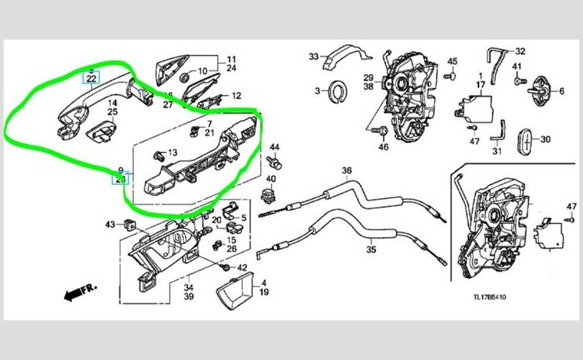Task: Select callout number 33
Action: coord(313,56)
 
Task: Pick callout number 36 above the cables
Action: coord(347,171)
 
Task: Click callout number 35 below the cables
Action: coord(371,251)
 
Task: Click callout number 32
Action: coord(520,51)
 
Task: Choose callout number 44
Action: coord(274,148)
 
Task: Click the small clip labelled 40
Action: coord(271,193)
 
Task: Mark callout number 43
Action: coord(110,225)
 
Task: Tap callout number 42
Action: coord(242,268)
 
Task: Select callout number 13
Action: coord(171,152)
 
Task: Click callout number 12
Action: coord(236,95)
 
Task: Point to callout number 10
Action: coord(203,71)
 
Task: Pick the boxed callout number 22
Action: coord(91,78)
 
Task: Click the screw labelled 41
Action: coord(517,81)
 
